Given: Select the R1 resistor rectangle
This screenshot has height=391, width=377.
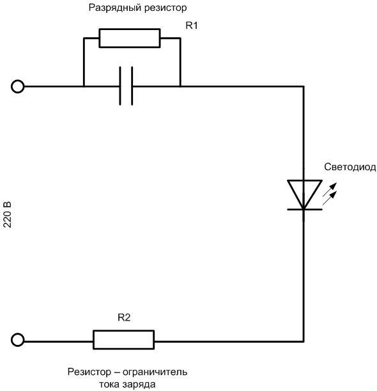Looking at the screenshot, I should coord(129,38).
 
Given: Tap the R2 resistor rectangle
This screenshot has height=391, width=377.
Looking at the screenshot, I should coord(124,340).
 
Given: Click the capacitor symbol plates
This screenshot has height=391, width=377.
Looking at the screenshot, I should coord(127,86).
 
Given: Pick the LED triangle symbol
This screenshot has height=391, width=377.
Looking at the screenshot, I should coord(304,192).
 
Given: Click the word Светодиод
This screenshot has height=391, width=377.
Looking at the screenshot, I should coord(350,168).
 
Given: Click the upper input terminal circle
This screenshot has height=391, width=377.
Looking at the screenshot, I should coord(18,86).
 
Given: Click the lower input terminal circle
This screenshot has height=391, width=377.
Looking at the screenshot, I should coord(18,340).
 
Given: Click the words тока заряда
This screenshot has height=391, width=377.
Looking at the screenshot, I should coord(127,384).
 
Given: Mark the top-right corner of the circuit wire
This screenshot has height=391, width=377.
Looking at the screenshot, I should coord(304,86).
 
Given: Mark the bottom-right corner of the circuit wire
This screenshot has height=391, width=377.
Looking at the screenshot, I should coord(304,340).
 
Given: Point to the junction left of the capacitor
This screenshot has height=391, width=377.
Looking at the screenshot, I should coord(84,86).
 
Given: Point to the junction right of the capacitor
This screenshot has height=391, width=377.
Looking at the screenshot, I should coord(181,86).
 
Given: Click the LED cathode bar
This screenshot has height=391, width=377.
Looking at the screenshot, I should coord(304,209).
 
